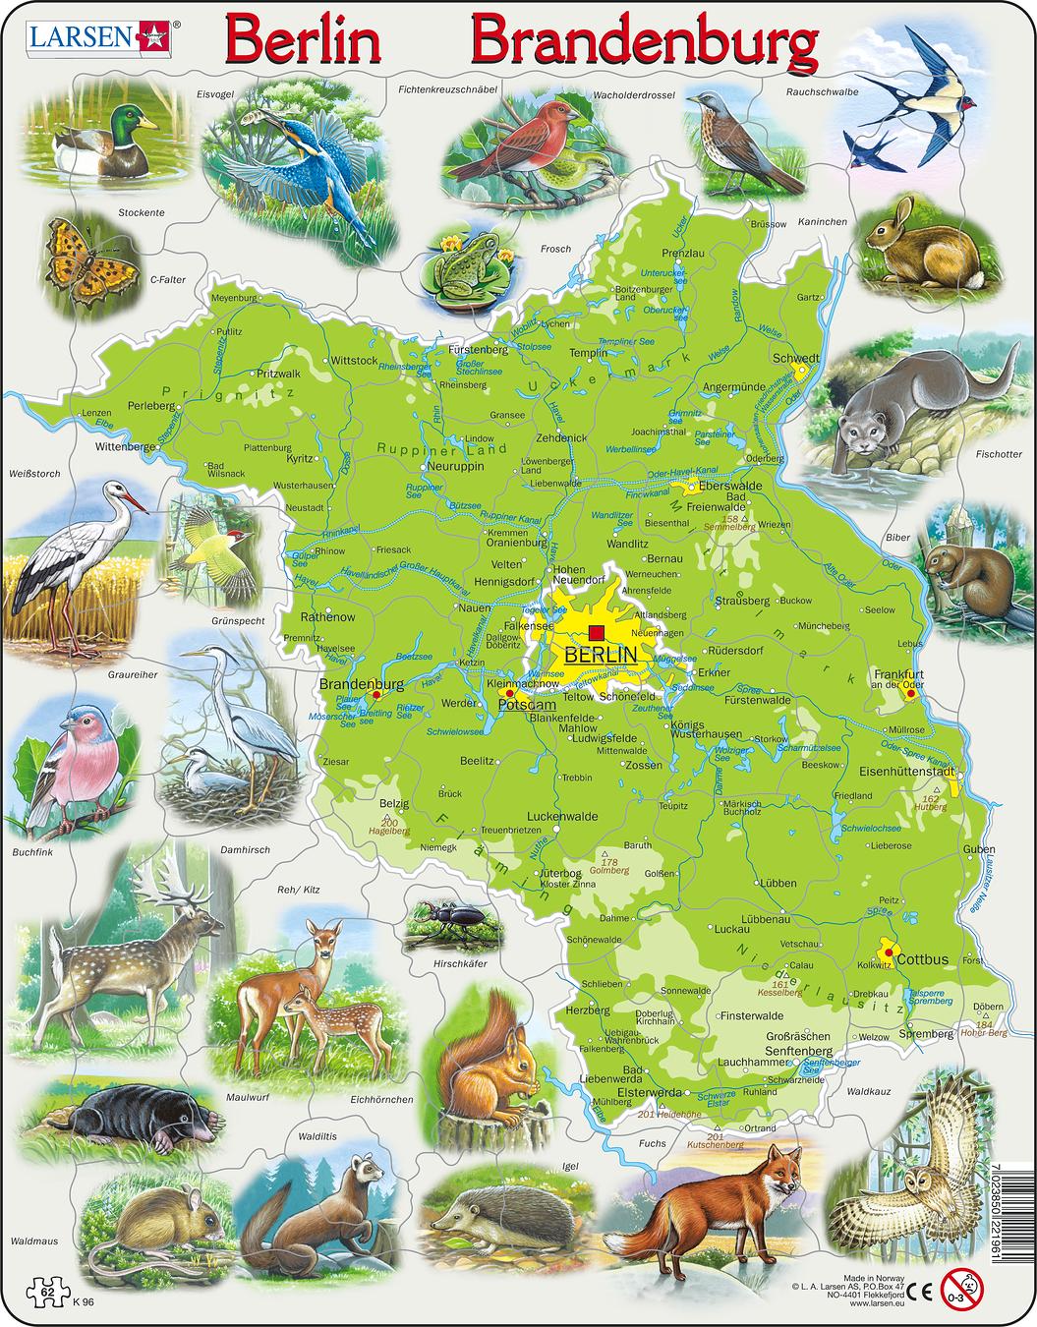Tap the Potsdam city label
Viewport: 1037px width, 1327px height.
(x=527, y=705)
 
